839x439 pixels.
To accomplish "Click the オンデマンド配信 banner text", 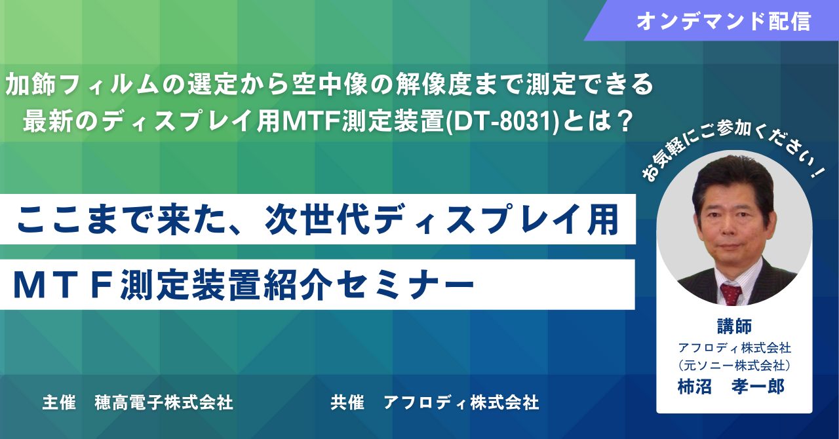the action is (x=724, y=21).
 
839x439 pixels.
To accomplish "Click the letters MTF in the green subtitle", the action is (x=310, y=122).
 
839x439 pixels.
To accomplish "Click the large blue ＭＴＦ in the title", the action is (x=65, y=285).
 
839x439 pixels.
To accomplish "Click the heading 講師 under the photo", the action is (x=735, y=326).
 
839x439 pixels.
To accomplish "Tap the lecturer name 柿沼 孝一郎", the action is (x=731, y=386).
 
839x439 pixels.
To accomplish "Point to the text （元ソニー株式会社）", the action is (x=735, y=365).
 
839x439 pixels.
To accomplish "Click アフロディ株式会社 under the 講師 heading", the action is (x=735, y=348).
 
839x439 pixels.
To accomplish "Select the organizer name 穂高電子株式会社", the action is (x=164, y=403).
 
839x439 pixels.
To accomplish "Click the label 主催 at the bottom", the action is (x=59, y=403).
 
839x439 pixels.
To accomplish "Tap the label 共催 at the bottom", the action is (x=347, y=403).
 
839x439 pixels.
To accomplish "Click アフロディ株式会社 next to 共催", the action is (x=461, y=403).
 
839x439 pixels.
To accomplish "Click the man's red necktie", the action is (x=732, y=294).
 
